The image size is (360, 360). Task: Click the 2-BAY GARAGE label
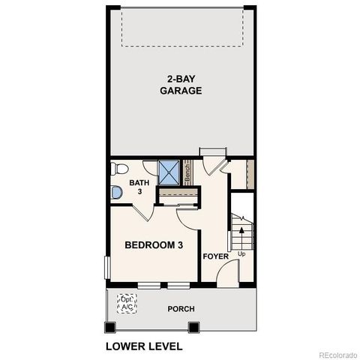(181, 85)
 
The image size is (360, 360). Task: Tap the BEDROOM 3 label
(154, 244)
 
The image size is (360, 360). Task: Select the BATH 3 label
(139, 187)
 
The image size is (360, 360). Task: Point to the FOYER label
(215, 256)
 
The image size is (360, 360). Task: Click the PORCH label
(181, 308)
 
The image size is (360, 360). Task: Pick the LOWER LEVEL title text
(144, 347)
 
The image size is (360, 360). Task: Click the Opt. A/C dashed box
(127, 304)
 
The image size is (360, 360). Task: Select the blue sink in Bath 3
(116, 193)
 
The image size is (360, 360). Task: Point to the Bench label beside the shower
(187, 172)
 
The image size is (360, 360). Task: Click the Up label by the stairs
(241, 253)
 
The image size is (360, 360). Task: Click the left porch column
(111, 328)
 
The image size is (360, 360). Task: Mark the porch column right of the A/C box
(193, 328)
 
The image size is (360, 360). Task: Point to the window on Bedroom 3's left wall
(107, 268)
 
